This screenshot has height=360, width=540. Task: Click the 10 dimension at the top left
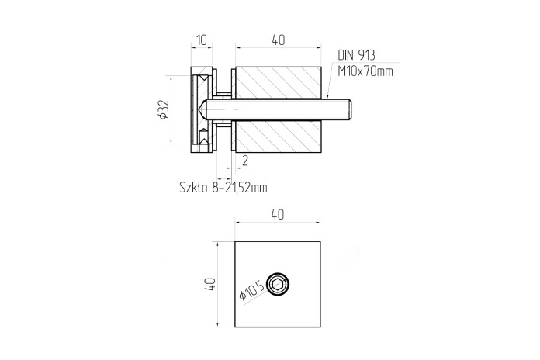tap(202, 40)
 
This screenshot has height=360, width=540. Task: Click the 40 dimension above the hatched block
tap(279, 40)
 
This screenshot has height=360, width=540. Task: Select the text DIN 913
tap(356, 55)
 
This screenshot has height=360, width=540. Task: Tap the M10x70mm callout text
tap(365, 71)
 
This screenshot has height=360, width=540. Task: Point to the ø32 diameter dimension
tap(164, 109)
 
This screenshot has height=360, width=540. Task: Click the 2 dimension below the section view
tap(245, 161)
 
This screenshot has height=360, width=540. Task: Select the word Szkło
tap(193, 188)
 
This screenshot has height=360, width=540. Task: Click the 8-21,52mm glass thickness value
tap(240, 188)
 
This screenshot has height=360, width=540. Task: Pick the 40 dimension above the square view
tap(278, 215)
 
